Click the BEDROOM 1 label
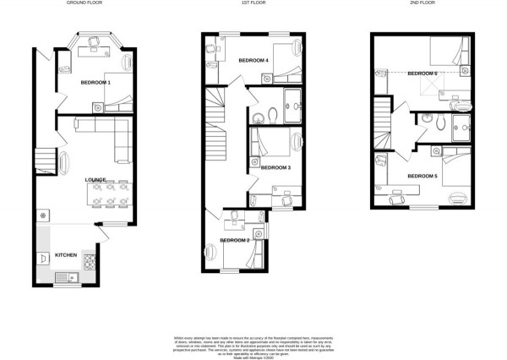click(95, 82)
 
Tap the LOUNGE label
click(95, 180)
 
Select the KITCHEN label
click(68, 254)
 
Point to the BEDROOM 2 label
click(234, 241)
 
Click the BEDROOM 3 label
click(275, 167)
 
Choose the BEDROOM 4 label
click(253, 61)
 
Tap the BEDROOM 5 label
click(422, 176)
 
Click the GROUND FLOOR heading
click(84, 3)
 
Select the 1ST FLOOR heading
click(253, 3)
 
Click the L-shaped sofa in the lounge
click(105, 131)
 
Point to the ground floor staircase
click(44, 157)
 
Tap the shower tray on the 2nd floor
click(462, 130)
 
